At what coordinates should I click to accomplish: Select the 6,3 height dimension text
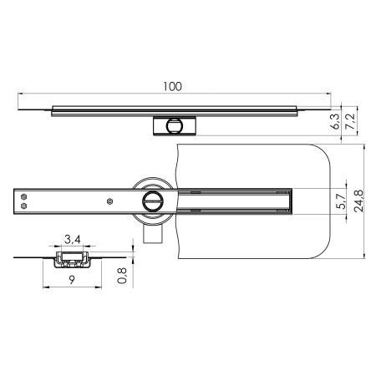point(335,124)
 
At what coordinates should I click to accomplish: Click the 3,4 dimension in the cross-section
point(74,241)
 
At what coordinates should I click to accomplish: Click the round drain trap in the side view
point(175,125)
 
